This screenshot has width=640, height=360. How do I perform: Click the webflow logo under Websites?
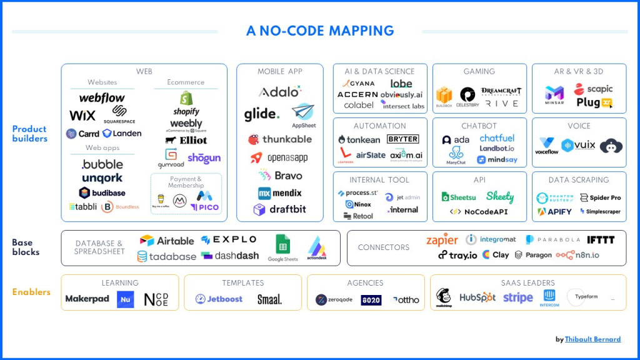(x=102, y=98)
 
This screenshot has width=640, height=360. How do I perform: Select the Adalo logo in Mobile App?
(x=279, y=92)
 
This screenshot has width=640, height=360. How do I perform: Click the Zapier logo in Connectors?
(x=442, y=240)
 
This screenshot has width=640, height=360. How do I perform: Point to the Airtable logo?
(x=167, y=241)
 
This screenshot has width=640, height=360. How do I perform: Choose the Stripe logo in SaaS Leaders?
(x=518, y=297)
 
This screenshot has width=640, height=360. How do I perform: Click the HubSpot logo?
(x=477, y=297)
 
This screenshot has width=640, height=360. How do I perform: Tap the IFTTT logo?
(x=601, y=240)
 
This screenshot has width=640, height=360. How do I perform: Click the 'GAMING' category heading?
(x=479, y=71)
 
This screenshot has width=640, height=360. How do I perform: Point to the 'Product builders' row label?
(x=29, y=134)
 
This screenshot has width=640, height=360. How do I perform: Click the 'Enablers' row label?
(x=31, y=292)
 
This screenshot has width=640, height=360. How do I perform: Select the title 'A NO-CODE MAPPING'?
(x=320, y=31)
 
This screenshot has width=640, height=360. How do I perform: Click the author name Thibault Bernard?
(x=592, y=339)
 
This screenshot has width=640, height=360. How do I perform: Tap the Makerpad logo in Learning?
(x=87, y=299)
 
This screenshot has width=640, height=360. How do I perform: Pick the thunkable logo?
(x=279, y=139)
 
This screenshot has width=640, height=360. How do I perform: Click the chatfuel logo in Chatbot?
(x=497, y=138)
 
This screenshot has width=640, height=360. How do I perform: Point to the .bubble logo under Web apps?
(x=102, y=165)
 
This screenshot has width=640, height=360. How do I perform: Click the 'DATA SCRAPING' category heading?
(x=579, y=180)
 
